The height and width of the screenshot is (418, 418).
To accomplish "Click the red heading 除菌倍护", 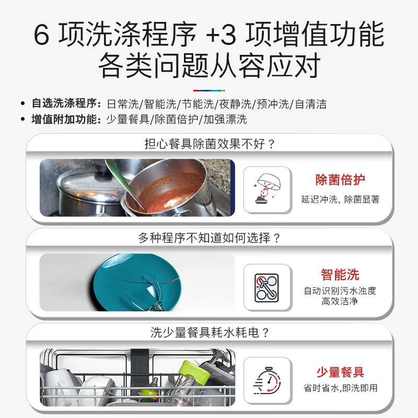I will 340,180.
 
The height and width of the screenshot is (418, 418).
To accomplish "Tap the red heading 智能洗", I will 340,275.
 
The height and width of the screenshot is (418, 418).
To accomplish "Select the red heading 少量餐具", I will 340,373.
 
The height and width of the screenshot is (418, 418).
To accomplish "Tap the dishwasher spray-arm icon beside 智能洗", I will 267,288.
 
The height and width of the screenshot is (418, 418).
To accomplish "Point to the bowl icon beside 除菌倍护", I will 267,190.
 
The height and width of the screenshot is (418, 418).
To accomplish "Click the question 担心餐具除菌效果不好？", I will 210,144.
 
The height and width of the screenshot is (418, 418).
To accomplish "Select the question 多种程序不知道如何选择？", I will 210,238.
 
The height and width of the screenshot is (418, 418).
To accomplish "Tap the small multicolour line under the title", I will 209,90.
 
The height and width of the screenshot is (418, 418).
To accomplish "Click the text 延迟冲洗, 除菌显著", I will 340,199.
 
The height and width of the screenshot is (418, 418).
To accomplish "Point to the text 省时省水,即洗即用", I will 340,388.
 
